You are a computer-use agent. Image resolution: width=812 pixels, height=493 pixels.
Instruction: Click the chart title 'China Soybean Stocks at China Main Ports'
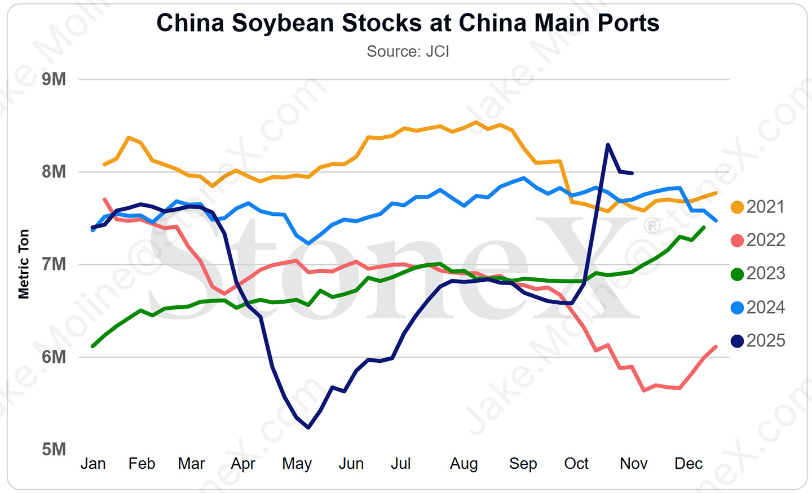tap(408, 24)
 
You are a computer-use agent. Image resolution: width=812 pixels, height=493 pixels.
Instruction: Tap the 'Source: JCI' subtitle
tap(408, 51)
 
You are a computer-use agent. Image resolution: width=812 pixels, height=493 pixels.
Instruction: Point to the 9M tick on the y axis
tap(54, 79)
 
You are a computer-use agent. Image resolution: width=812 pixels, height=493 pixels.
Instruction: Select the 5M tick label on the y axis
tap(54, 449)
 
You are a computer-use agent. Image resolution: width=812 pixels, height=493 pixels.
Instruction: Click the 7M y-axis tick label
tap(54, 264)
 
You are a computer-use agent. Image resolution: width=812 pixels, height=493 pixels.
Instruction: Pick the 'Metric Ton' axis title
tap(24, 264)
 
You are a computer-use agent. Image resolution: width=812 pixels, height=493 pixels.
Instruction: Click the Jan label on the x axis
tap(93, 464)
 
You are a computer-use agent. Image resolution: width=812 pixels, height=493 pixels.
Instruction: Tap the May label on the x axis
tap(297, 464)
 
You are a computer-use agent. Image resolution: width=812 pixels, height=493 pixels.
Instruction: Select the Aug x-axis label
tap(464, 464)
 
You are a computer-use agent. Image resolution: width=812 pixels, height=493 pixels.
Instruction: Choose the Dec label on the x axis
tap(689, 464)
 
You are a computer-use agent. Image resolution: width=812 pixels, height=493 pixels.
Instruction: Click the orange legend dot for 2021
tap(737, 207)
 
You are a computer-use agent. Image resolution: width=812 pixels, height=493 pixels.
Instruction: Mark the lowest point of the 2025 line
tap(308, 428)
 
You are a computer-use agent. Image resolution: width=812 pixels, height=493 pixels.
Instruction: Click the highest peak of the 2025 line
tap(608, 145)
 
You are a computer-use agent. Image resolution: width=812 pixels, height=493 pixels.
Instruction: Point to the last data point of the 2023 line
tap(704, 227)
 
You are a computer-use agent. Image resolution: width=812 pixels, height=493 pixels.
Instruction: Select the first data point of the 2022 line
tap(105, 199)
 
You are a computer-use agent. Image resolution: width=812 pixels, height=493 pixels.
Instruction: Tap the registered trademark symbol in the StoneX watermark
tap(652, 226)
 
